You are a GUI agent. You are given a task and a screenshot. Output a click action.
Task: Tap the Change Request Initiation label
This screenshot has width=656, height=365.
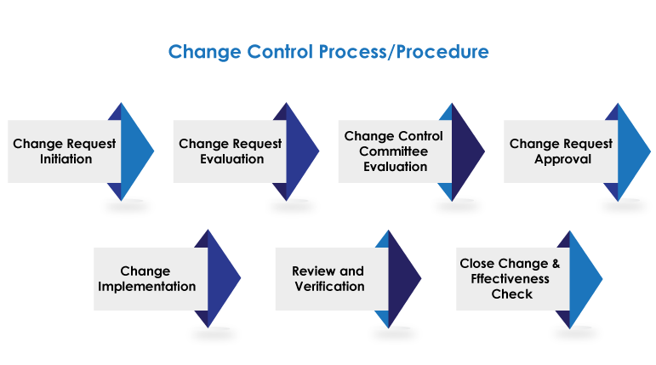[x=65, y=151]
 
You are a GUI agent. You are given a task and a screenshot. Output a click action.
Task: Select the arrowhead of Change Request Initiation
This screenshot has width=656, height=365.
[x=134, y=151]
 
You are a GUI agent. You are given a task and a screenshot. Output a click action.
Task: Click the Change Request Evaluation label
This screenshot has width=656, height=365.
[x=231, y=151]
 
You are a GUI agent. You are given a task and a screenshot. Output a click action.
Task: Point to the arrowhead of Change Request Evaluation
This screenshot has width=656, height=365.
[x=300, y=151]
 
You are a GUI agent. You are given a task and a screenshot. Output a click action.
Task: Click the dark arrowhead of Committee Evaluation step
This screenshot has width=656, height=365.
[x=465, y=151]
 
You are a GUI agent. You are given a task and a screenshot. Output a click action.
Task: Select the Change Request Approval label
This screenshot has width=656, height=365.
[x=562, y=151]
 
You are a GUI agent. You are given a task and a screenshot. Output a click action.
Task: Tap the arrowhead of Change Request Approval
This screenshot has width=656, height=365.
[x=631, y=151]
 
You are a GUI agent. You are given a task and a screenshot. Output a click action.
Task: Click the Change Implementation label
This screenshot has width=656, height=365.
[x=146, y=279]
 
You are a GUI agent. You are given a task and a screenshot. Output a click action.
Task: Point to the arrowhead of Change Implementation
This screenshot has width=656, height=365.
[x=222, y=279]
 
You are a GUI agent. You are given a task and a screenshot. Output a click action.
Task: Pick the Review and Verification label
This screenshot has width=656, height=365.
[x=328, y=279]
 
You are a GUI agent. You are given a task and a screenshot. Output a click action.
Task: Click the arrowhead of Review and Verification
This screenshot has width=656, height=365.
[x=402, y=279]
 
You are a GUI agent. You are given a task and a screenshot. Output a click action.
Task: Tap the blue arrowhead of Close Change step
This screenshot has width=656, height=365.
[x=584, y=279]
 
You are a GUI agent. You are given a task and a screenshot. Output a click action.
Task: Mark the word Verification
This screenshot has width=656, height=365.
[x=328, y=287]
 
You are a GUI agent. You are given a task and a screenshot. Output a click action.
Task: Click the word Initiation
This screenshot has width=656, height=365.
[x=66, y=159]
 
